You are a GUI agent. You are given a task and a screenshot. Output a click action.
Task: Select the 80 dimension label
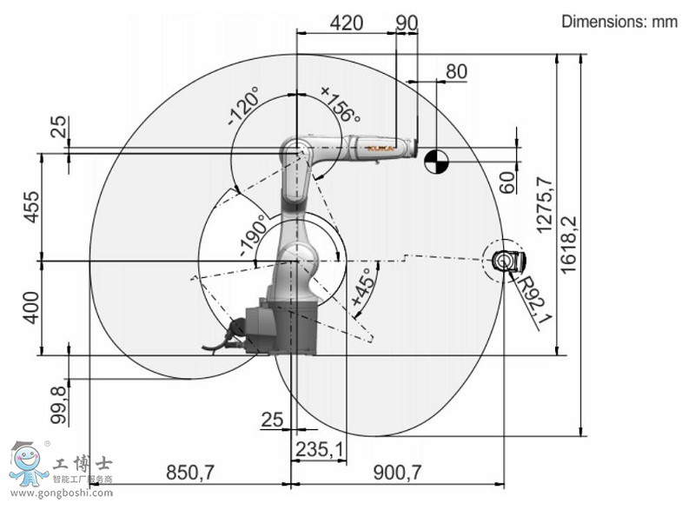pyautogui.click(x=456, y=71)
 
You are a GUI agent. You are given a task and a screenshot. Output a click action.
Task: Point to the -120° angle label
pyautogui.click(x=243, y=105)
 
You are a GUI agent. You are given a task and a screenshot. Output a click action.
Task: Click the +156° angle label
pyautogui.click(x=341, y=104)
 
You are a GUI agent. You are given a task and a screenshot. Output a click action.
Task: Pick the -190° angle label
pyautogui.click(x=253, y=235)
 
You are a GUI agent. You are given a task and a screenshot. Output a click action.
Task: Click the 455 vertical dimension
pyautogui.click(x=31, y=207)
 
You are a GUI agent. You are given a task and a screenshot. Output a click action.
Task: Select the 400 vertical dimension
pyautogui.click(x=31, y=308)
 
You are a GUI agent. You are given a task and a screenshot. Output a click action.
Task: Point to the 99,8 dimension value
pyautogui.click(x=58, y=405)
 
